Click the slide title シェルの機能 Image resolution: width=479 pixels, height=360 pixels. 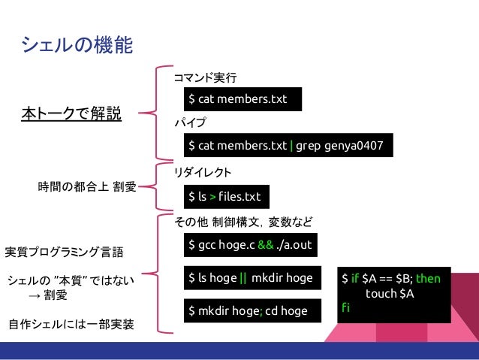pyautogui.click(x=77, y=47)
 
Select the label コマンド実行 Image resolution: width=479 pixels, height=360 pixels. pyautogui.click(x=205, y=77)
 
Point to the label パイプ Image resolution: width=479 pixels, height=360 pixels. pyautogui.click(x=190, y=122)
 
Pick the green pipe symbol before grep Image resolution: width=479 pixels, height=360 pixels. pyautogui.click(x=291, y=145)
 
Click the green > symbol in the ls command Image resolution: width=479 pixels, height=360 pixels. pyautogui.click(x=212, y=197)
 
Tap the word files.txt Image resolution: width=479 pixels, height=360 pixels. pyautogui.click(x=239, y=197)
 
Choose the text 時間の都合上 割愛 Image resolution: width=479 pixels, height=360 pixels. pyautogui.click(x=87, y=186)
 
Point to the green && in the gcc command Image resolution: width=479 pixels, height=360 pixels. pyautogui.click(x=265, y=246)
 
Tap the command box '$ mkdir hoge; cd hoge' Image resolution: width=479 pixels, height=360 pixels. pyautogui.click(x=247, y=310)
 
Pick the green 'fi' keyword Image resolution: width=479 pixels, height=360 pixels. pyautogui.click(x=346, y=307)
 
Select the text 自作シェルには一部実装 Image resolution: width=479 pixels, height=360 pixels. pyautogui.click(x=71, y=325)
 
